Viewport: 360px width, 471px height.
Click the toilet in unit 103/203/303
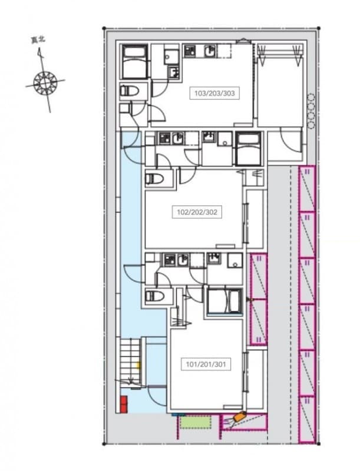point(130,91)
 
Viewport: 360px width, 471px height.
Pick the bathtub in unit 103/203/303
point(136,62)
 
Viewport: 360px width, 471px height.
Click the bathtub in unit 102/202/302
point(249,148)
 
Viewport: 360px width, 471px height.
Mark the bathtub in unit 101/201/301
point(223,301)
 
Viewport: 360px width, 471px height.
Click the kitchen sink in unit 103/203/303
point(209,52)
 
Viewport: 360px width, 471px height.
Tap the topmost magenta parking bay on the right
point(307,189)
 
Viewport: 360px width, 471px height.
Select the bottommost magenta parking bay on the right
point(307,419)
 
